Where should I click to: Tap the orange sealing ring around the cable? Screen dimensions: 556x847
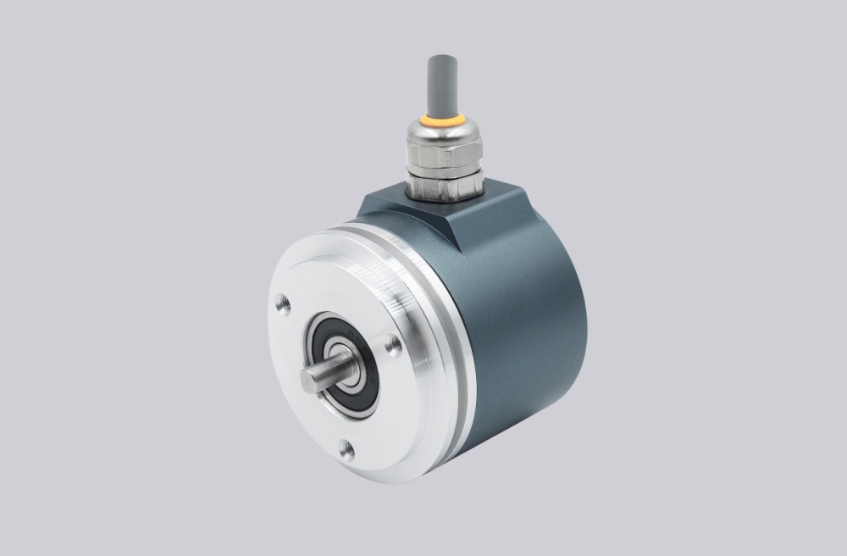444,121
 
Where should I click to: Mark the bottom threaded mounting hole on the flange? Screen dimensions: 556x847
346,449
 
